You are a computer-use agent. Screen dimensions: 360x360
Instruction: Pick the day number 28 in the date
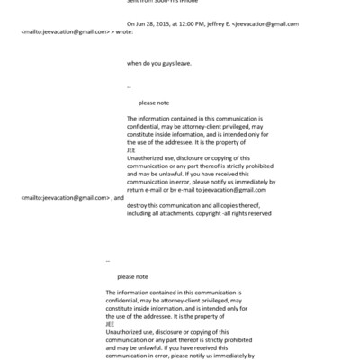[152, 24]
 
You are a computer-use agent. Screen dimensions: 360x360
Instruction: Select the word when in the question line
[136, 63]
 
